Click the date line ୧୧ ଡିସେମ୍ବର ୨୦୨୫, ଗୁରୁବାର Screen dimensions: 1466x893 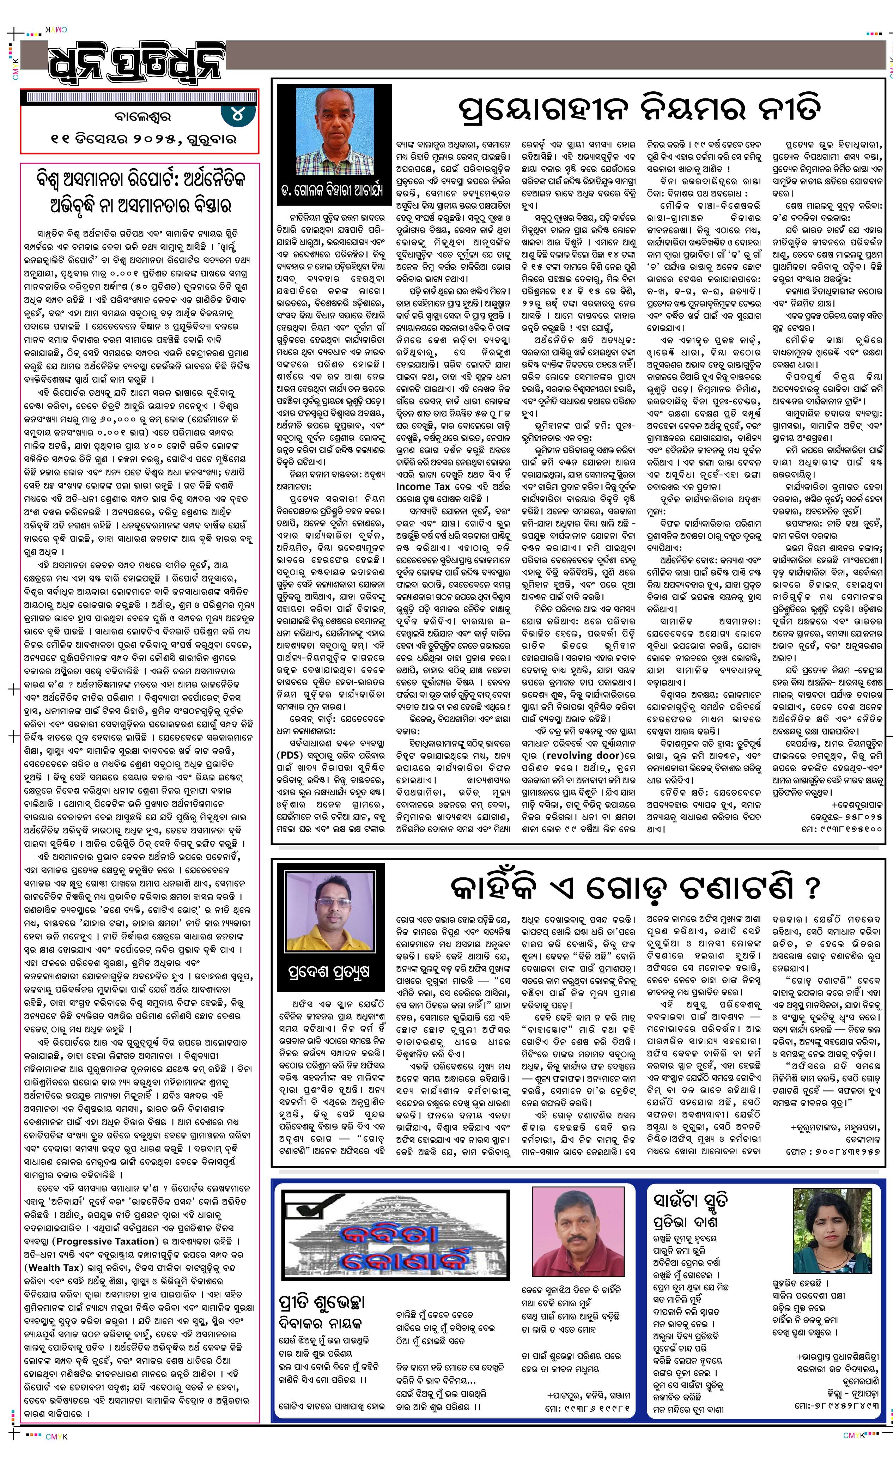point(143,139)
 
